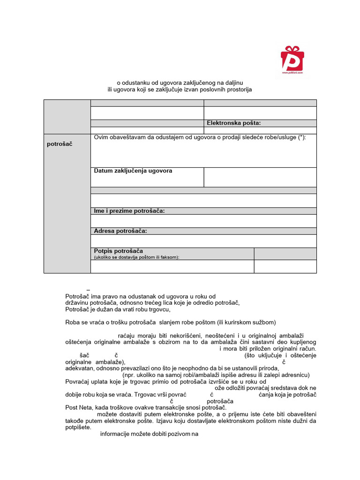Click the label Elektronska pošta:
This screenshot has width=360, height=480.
tap(233, 123)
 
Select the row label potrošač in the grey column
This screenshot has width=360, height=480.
tap(59, 144)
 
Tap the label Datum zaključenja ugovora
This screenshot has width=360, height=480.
tap(133, 171)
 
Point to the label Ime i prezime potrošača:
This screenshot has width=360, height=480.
tap(129, 211)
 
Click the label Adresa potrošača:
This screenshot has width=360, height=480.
tap(120, 231)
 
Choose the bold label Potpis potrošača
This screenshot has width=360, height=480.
tap(118, 251)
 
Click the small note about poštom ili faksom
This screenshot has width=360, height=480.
tap(136, 257)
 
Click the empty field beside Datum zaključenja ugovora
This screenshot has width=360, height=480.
tap(260, 177)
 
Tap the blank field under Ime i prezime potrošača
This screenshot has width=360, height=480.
tap(203, 220)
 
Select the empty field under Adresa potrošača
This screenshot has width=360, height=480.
tap(203, 240)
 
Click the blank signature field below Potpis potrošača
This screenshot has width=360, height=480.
tap(172, 266)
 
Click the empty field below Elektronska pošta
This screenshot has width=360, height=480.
tap(260, 130)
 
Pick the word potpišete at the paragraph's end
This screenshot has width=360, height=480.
tap(78, 427)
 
